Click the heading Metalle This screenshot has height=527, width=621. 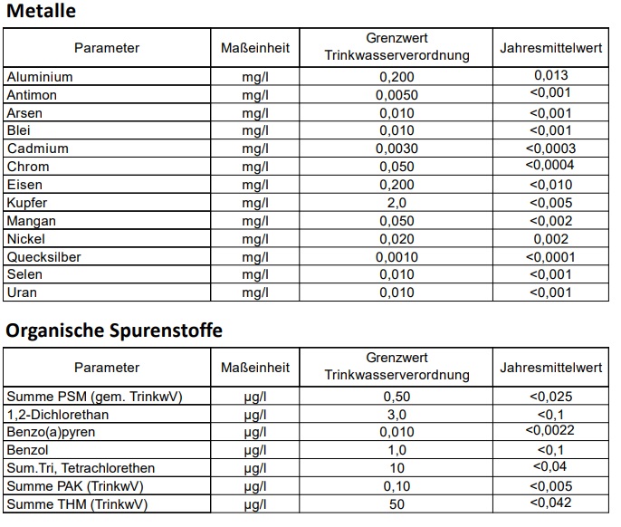[x=41, y=12]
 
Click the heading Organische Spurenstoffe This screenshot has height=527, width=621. [x=113, y=331]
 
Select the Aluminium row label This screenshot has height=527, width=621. [x=40, y=77]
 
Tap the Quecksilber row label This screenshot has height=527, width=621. [x=43, y=257]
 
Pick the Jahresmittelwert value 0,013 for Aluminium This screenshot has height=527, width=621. [x=551, y=75]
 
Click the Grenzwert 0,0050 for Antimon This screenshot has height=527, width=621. [x=396, y=95]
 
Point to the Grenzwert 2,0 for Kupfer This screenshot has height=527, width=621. [x=396, y=203]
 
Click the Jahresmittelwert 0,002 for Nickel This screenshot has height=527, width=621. [x=551, y=239]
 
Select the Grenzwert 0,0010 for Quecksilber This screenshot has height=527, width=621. [x=396, y=257]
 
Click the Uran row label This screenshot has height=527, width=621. [x=22, y=293]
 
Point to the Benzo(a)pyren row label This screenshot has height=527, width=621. [x=51, y=432]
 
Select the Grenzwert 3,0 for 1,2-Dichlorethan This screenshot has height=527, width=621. [x=396, y=414]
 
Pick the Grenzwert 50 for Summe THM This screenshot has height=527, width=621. [x=396, y=503]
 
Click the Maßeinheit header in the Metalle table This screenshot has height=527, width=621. [x=255, y=47]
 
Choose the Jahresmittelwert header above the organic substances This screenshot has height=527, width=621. [x=550, y=368]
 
